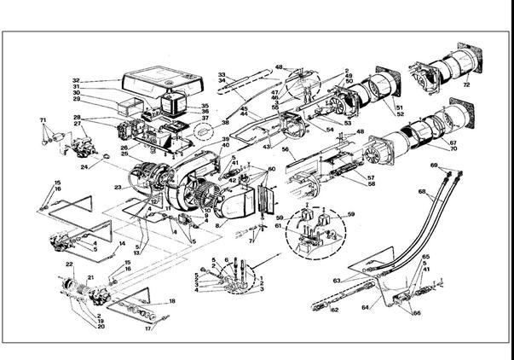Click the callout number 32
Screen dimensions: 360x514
coord(76,82)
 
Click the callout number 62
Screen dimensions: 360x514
coord(334,311)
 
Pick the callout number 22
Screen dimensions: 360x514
coord(70,265)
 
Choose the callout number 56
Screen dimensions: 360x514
coord(287,150)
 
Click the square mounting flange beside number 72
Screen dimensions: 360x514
coord(465,58)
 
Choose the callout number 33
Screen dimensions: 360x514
coord(222,75)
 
